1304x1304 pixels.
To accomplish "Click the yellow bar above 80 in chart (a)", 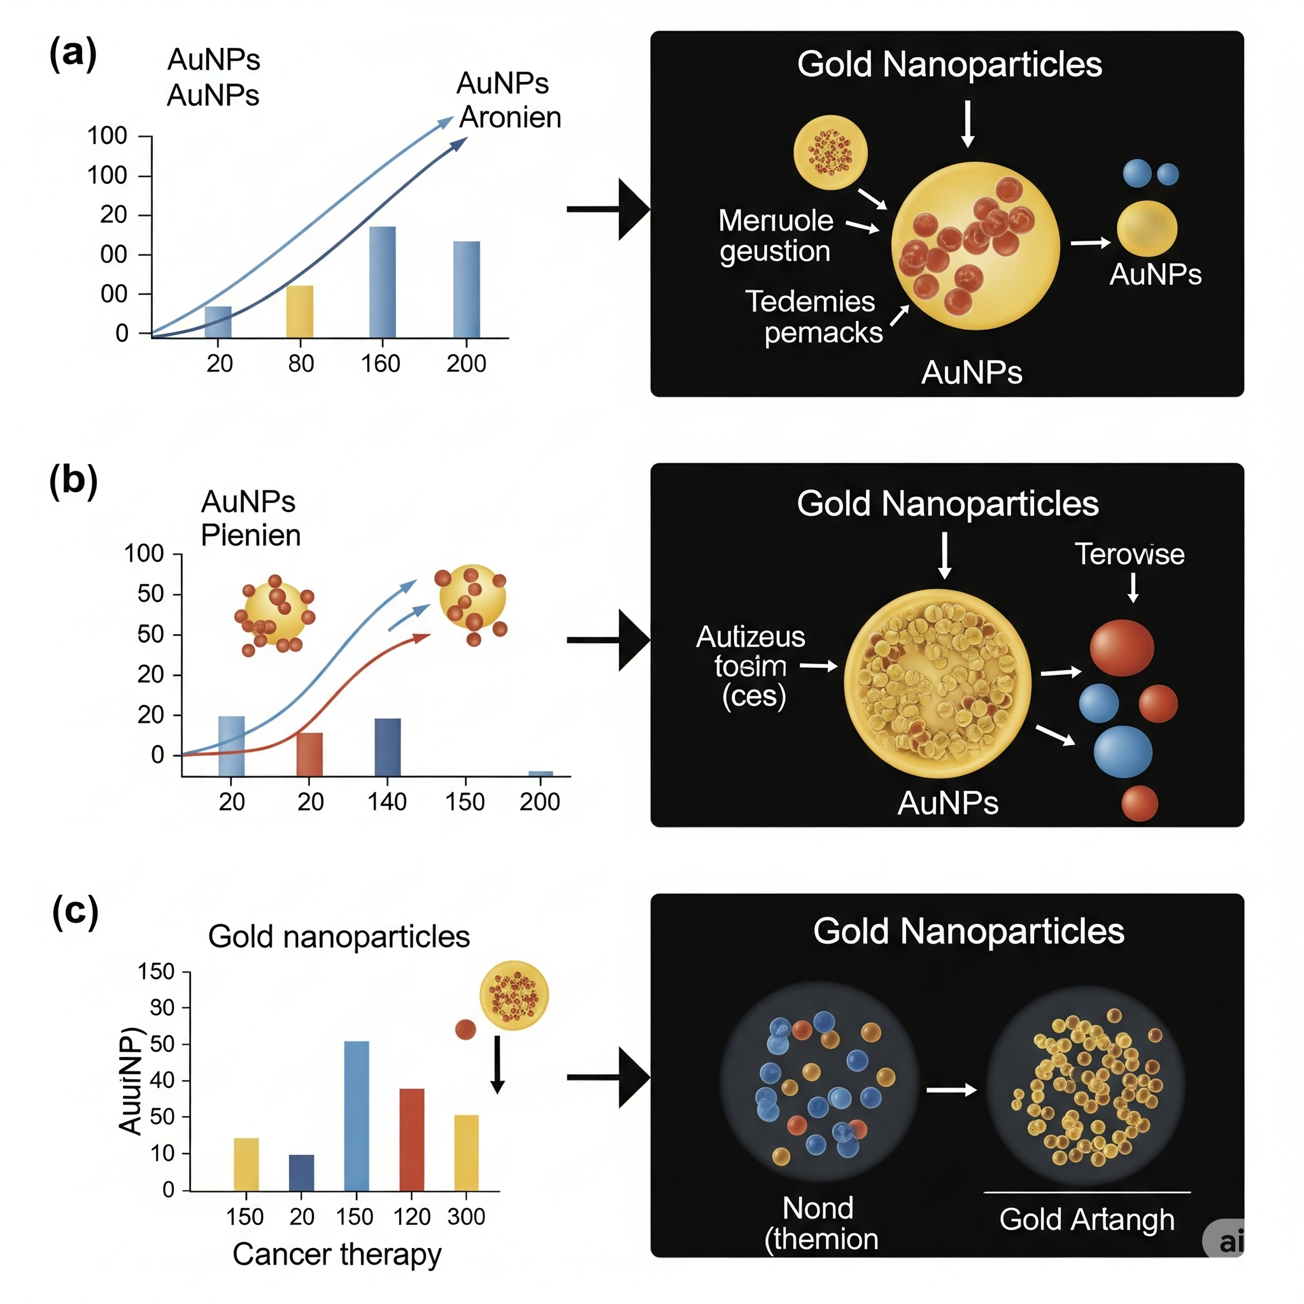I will pos(300,311).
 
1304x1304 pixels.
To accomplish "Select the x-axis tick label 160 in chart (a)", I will pos(381,364).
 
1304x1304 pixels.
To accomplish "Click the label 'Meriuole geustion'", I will pos(776,236).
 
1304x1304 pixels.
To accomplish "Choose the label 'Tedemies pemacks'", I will pos(813,316).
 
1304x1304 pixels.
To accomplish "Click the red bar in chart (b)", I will pos(310,754).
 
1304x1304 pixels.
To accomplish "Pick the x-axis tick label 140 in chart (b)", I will pos(386,802).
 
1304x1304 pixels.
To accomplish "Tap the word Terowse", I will pos(1129,554).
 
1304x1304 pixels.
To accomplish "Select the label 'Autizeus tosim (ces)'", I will pos(751,666).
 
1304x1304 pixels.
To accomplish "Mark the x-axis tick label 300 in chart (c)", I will pos(466,1216).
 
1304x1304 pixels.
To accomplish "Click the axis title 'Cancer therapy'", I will pos(337,1254).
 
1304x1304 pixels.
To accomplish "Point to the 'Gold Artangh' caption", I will pos(1087,1219).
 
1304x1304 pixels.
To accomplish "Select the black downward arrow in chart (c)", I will pos(497,1065).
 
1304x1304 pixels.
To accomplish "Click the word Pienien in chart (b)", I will pos(250,535).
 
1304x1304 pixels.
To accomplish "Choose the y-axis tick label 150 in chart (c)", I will pos(156,971).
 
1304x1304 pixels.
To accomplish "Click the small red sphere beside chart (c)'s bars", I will pos(465,1030).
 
